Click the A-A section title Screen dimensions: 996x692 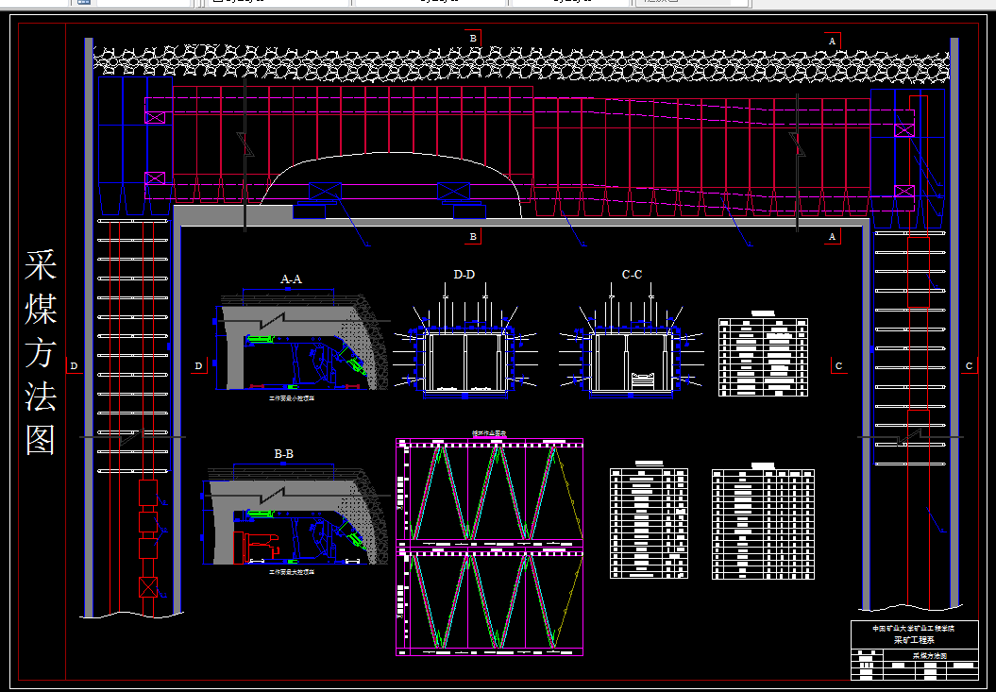[x=291, y=279]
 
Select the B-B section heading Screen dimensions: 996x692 [x=283, y=454]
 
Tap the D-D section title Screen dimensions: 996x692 [x=464, y=275]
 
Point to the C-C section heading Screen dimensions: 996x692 [x=632, y=275]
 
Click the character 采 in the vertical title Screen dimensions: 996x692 [x=41, y=266]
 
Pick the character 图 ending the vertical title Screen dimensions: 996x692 [x=41, y=440]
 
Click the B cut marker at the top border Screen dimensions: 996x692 [x=474, y=38]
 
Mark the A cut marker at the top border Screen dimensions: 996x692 [x=832, y=42]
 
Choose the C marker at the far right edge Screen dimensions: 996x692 [x=969, y=366]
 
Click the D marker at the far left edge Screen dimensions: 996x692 [x=74, y=366]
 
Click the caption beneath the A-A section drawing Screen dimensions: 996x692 [x=292, y=399]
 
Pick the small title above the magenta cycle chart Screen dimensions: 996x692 [x=488, y=434]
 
